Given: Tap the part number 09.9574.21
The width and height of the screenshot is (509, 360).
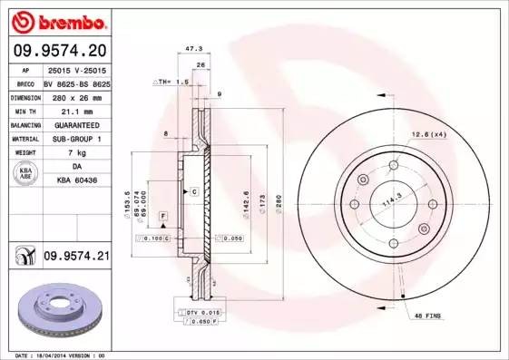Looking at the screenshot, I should click(76, 258).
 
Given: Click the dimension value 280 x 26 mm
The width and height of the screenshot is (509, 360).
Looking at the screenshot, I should click(76, 95).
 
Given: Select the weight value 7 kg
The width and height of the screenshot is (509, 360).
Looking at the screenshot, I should click(76, 153).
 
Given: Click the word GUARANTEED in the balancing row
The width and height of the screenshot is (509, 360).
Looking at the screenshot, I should click(76, 124).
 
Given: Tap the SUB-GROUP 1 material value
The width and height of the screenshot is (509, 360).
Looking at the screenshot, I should click(76, 139).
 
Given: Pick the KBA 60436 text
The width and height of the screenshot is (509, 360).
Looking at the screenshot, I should click(76, 181).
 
